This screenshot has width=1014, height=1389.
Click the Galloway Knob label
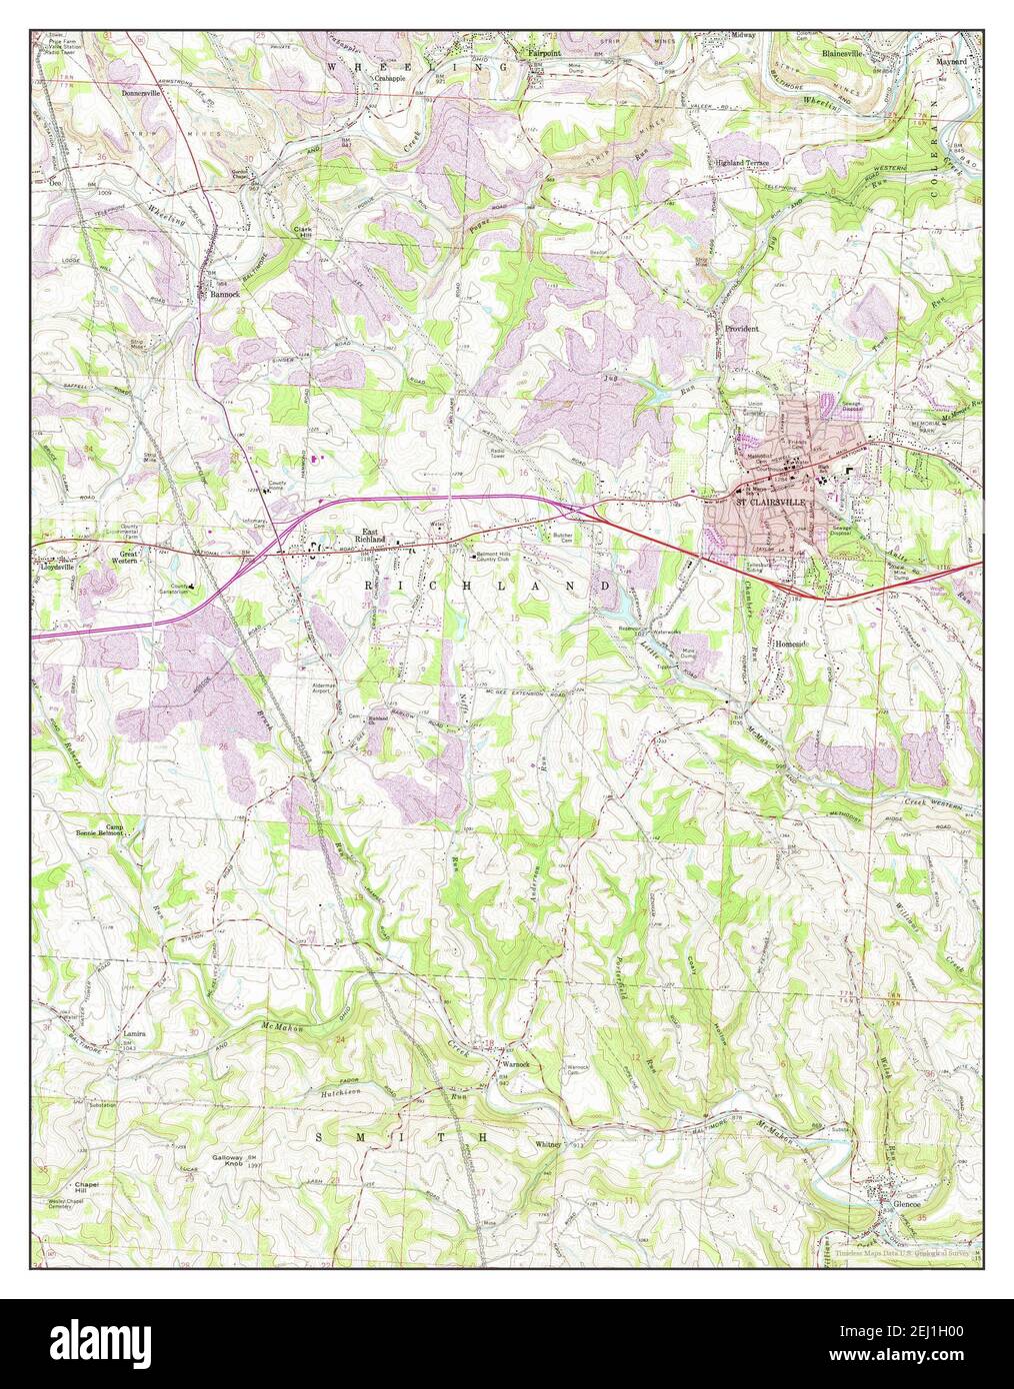coord(228,1161)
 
